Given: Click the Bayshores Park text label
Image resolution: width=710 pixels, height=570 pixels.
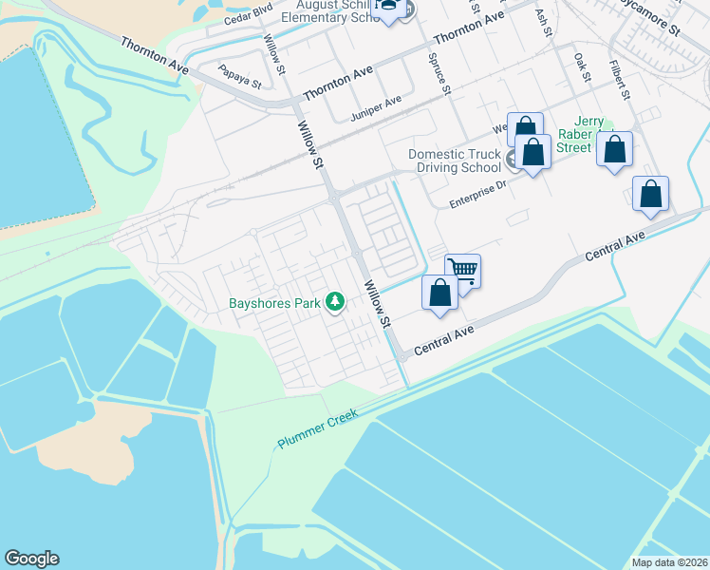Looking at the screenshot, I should pos(275,305).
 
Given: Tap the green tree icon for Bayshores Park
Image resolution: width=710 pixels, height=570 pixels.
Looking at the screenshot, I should pos(334,302).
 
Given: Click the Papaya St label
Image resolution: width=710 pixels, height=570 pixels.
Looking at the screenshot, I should pos(238,76).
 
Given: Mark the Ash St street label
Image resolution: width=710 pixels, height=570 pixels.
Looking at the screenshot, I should pos(543,23).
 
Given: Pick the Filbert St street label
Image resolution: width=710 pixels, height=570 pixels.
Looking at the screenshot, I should pos(621,80).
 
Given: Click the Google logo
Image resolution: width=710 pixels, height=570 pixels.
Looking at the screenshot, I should pos(31,558).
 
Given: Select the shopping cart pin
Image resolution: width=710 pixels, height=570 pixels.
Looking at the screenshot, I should pos(462,271).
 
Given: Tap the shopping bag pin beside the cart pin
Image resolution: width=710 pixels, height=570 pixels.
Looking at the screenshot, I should pos(439,293).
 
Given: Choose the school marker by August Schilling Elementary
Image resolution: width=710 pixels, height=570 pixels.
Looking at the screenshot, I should pos(388,9).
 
